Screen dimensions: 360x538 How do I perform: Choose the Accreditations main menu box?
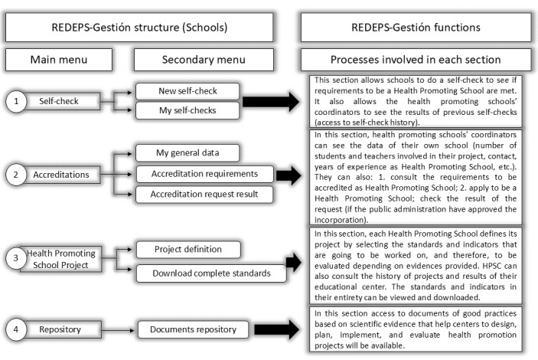click(x=67, y=175)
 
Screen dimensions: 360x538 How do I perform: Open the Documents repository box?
click(x=192, y=330)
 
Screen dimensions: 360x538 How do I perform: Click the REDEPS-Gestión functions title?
click(x=416, y=27)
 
